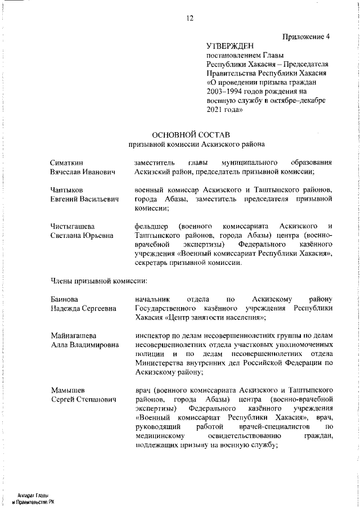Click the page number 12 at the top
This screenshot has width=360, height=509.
pos(190,18)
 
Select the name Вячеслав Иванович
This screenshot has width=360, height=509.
pos(82,172)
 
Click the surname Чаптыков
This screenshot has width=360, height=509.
pos(66,190)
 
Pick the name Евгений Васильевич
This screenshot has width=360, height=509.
pos(84,199)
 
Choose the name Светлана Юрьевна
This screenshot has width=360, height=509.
pos(82,235)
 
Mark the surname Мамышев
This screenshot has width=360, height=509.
pos(67,390)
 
